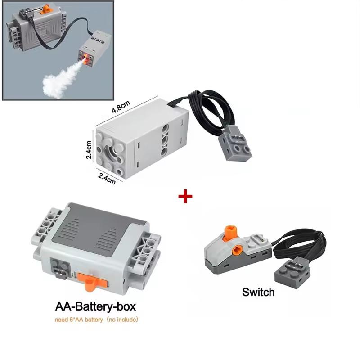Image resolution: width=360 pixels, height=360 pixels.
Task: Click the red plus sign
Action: coord(185,196)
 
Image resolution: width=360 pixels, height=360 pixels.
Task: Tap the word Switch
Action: coord(258,292)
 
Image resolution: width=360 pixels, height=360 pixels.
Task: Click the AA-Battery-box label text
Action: coord(95,307)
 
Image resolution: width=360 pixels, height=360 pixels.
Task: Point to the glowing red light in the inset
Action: coord(84,55)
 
